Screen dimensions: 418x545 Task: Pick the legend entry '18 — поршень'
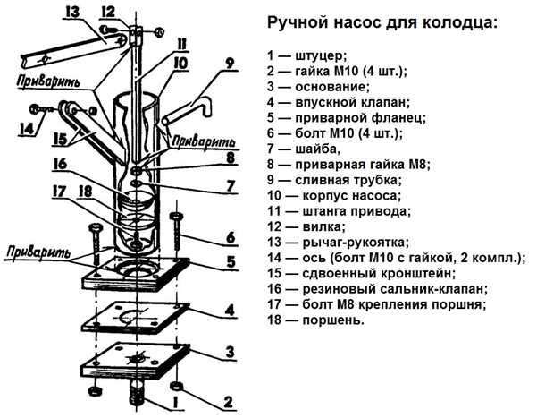coord(317,320)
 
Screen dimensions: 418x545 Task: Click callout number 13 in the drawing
coord(72,11)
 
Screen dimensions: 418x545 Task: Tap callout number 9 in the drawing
coord(230,64)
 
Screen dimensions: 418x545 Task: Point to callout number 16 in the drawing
coord(60,164)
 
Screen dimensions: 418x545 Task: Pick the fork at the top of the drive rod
coord(135,34)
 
